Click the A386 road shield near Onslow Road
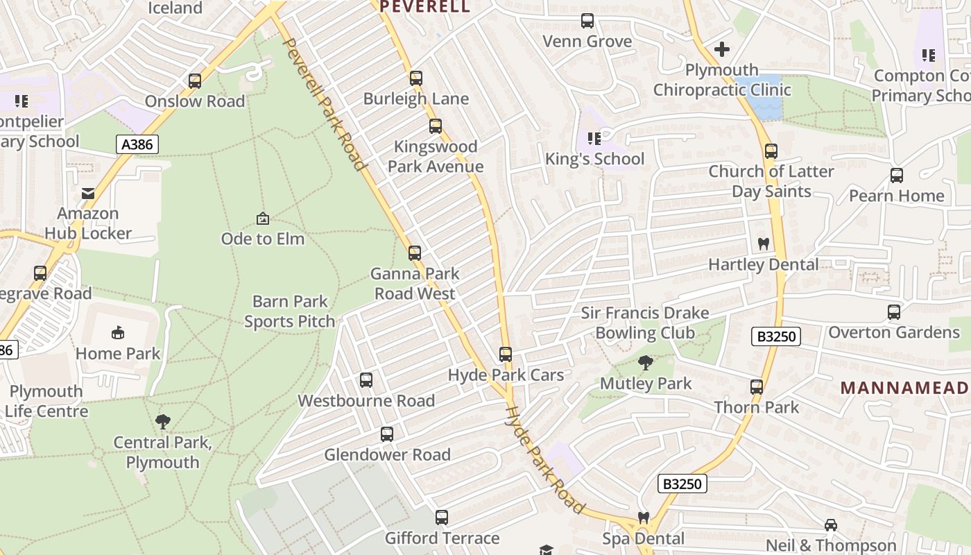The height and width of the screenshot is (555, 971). (x=137, y=144)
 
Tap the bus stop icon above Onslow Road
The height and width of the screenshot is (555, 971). (x=195, y=81)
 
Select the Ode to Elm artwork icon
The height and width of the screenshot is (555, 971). (x=263, y=219)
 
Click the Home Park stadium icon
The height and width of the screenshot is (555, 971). (x=118, y=333)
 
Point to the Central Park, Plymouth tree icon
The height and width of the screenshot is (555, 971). (x=163, y=421)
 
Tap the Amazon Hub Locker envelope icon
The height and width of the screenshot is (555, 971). (x=88, y=194)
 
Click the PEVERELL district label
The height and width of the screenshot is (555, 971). (x=424, y=7)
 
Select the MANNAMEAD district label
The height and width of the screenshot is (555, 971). (x=905, y=387)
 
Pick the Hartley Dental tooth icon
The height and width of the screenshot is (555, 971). (x=764, y=244)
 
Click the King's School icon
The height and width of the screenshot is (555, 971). (x=594, y=139)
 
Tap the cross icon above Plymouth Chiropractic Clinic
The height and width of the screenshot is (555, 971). (x=722, y=49)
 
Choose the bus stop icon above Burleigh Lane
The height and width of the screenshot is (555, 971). (x=416, y=78)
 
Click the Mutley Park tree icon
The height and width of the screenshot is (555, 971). (x=646, y=362)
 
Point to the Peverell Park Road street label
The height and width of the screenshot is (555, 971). (x=324, y=104)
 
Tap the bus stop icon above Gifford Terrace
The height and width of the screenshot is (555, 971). (x=442, y=518)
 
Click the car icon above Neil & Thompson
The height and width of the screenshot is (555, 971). (x=831, y=525)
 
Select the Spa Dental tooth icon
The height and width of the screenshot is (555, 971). (x=643, y=518)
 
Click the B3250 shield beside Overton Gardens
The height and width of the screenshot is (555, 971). (x=776, y=336)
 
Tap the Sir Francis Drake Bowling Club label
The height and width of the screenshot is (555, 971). (x=645, y=323)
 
